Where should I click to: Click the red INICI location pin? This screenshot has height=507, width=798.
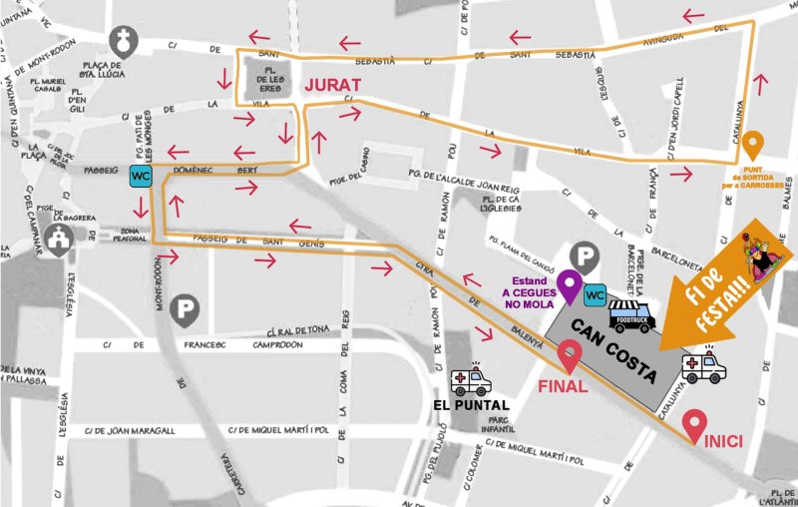(695, 425)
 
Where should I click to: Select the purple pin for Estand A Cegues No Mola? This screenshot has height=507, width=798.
(570, 285)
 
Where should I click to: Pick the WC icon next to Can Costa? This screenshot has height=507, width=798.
(595, 294)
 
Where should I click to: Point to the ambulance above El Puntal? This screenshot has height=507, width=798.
(470, 379)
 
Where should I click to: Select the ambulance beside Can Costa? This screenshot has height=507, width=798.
(703, 366)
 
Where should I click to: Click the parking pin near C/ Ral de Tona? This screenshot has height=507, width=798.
(184, 310)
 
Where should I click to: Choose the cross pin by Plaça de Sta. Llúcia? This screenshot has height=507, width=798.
(123, 43)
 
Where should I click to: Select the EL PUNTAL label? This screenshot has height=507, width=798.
(471, 405)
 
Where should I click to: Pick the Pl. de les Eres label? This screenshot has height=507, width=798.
(271, 79)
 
